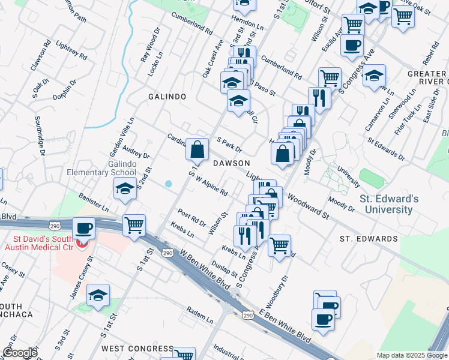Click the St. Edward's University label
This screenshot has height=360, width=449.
[386, 204]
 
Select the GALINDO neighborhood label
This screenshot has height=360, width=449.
[167, 97]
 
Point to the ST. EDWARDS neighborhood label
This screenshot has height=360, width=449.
[369, 239]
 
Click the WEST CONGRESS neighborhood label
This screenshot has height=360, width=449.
[137, 349]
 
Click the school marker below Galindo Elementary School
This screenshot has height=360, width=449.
[125, 188]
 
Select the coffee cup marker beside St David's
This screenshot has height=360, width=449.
[83, 228]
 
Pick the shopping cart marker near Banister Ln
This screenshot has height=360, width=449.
[134, 226]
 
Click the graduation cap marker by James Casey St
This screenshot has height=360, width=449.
[98, 295]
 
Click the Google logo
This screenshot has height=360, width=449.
[20, 353]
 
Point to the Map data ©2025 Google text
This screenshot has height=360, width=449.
[412, 355]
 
